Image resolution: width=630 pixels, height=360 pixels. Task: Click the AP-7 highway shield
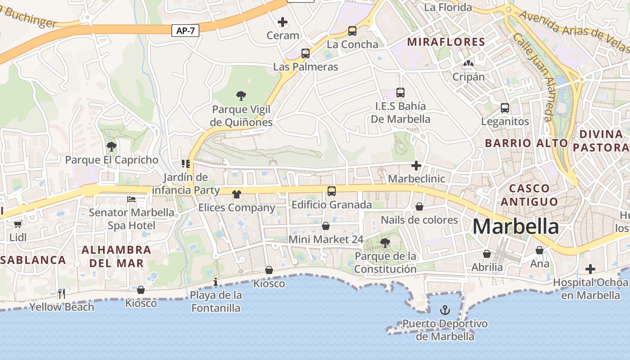point(185,31)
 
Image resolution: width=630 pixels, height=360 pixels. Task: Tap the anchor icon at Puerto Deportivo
point(445,310)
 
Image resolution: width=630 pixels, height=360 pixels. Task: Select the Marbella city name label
point(516,226)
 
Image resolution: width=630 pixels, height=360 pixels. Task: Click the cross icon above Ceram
point(283,22)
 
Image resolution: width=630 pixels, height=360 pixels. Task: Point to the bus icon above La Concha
point(352,31)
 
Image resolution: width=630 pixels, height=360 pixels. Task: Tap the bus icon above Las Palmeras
point(306,54)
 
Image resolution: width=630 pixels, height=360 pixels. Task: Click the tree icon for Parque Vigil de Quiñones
point(241,95)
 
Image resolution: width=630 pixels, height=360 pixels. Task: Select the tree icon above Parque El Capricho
point(112,146)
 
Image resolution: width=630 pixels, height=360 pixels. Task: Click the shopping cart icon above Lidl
point(18,224)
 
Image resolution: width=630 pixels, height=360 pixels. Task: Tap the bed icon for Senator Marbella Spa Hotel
point(131,199)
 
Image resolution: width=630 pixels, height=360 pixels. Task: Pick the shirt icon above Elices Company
point(236,194)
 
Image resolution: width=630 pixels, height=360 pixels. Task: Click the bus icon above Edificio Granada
point(332,191)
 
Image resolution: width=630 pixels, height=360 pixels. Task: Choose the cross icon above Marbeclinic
point(416,166)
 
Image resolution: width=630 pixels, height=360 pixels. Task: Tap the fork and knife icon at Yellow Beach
point(62,294)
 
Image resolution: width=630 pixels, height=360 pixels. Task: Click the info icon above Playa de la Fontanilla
point(216,282)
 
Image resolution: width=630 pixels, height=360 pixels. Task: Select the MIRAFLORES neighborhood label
point(446,42)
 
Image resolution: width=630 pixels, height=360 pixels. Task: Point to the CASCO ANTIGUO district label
point(529,195)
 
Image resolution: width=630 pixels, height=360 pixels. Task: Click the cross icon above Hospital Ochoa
point(590,269)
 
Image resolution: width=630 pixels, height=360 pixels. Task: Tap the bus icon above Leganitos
point(505,108)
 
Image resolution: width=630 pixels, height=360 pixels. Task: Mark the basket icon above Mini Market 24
point(326,226)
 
